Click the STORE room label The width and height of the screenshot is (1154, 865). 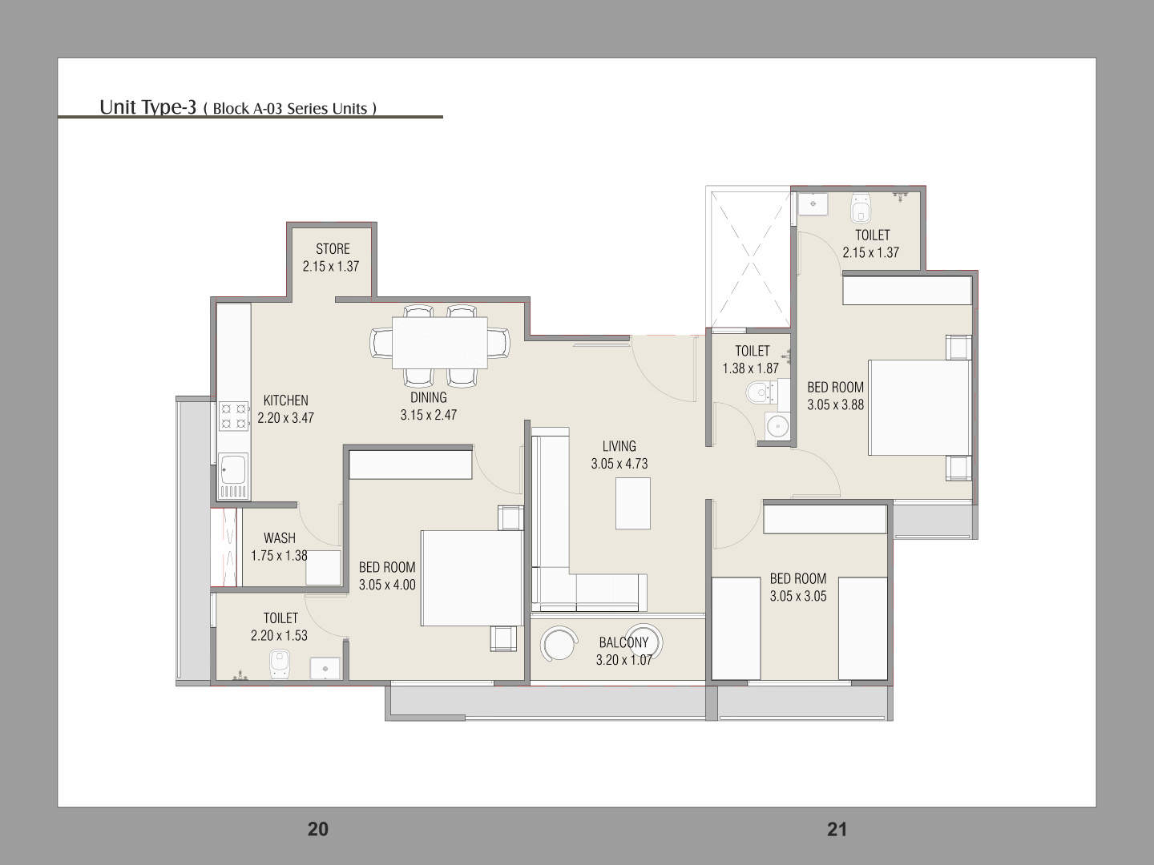333,248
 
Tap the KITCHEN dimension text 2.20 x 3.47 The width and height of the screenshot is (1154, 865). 285,418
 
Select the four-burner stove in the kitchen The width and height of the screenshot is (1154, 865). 233,416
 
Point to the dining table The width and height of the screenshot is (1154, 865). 439,343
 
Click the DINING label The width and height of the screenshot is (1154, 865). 429,397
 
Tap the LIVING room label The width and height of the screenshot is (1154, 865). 619,446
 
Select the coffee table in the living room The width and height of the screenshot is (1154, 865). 633,503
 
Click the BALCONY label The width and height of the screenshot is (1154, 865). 623,642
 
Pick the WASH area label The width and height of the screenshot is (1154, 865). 279,537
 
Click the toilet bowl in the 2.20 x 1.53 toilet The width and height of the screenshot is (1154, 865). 279,665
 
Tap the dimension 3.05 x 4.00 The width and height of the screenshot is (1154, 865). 387,585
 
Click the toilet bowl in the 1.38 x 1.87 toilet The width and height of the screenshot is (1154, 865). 757,392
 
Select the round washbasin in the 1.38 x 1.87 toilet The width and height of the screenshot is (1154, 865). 777,424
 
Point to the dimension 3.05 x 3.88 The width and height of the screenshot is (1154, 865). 835,404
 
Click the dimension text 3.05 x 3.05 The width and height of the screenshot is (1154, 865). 798,596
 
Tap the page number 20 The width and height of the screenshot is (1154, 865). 317,829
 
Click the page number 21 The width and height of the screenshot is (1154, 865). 837,829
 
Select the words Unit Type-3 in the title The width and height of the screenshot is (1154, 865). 147,107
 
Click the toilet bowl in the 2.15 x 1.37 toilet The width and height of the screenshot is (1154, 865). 861,208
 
